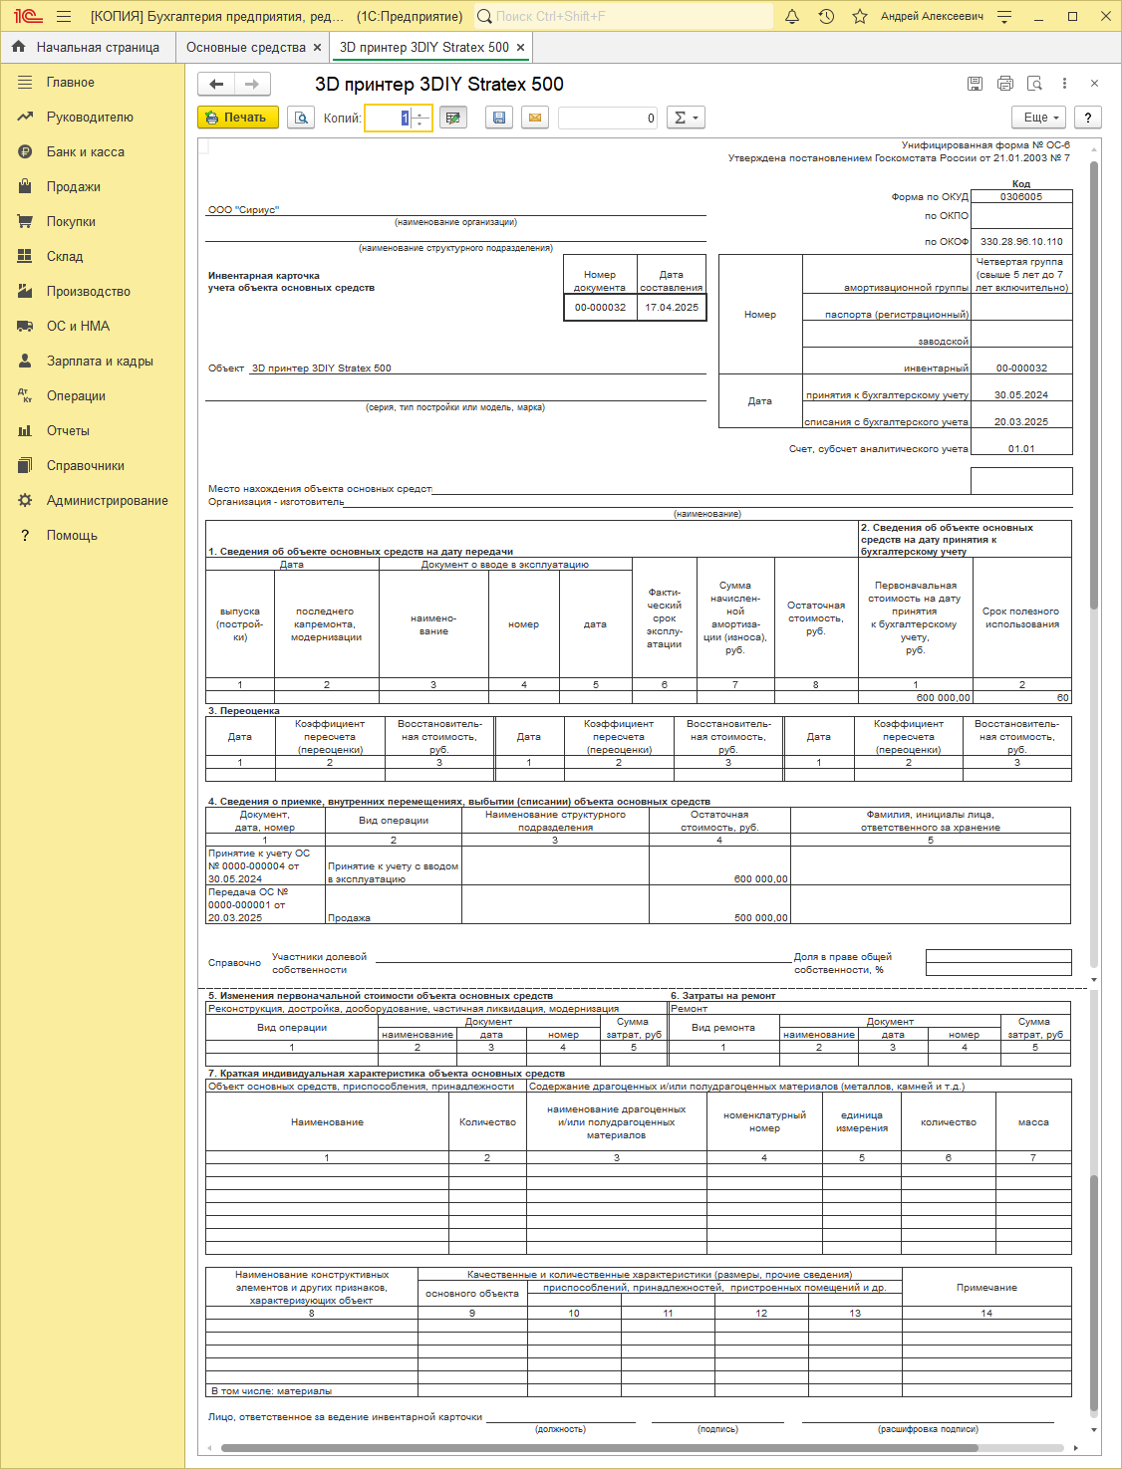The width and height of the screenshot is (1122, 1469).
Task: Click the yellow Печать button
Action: [x=237, y=118]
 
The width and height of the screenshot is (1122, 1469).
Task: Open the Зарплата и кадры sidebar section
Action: [x=100, y=362]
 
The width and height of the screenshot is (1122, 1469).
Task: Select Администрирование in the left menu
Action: [x=107, y=501]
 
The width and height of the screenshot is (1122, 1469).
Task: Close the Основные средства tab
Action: [x=317, y=48]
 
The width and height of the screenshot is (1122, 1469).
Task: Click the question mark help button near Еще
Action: [x=1088, y=118]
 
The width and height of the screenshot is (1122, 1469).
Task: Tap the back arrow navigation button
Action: [x=216, y=85]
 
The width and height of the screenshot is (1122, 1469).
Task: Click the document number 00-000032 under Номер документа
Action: [x=600, y=308]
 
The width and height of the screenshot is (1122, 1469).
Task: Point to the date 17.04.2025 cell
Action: [x=672, y=308]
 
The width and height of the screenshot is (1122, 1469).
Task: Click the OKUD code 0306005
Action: [x=1021, y=197]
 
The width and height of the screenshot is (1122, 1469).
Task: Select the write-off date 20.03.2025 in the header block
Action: [x=1021, y=422]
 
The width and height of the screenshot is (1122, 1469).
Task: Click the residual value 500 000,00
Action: [x=760, y=918]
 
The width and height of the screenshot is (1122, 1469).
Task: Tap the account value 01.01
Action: [x=1021, y=449]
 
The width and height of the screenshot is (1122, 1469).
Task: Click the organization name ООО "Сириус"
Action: [x=244, y=210]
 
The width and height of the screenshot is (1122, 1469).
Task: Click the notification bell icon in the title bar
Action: [x=792, y=17]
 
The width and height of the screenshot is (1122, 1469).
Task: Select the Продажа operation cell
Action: [x=350, y=918]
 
